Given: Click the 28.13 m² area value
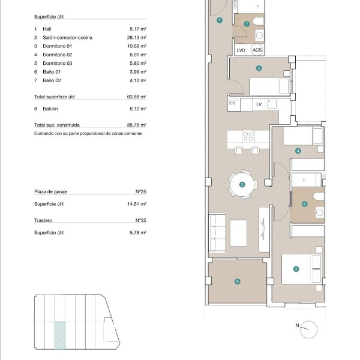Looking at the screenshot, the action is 137,37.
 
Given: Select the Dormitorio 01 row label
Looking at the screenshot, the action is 58,46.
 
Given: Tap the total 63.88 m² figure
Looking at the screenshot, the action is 137,97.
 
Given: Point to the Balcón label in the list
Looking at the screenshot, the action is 50,109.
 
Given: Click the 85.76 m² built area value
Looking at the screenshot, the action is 137,125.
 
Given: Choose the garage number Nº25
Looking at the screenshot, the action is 141,191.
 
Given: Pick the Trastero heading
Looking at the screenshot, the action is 43,220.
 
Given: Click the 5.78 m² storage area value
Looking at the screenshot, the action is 138,233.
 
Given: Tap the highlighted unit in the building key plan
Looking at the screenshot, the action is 60,335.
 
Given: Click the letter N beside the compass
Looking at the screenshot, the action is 297,325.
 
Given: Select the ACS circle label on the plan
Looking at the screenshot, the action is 257,50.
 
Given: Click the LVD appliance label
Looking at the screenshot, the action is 241,50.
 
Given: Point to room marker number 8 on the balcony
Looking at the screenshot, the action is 238,281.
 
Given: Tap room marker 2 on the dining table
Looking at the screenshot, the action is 242,185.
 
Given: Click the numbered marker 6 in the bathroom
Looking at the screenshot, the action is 304,204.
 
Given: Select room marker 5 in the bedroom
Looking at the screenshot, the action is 259,68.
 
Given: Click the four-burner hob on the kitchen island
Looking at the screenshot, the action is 248,136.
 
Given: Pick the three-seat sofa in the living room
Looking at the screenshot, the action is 217,233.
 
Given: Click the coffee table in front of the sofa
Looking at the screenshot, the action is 238,233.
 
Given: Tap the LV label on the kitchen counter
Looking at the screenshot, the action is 259,104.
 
